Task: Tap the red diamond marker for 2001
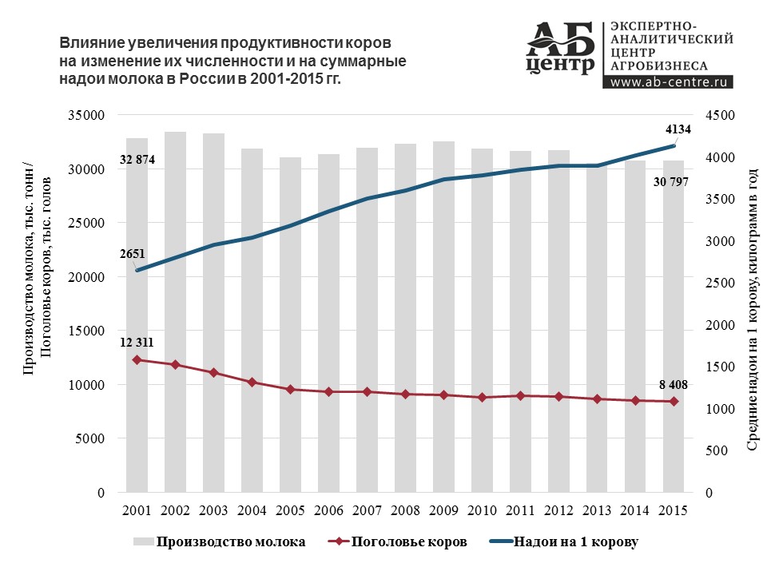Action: point(137,360)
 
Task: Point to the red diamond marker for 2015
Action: point(674,402)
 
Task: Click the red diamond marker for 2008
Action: point(406,395)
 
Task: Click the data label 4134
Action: point(678,129)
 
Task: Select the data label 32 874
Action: point(137,161)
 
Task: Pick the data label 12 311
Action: point(137,343)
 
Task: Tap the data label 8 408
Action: point(673,385)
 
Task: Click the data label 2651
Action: point(133,254)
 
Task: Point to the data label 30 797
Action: point(671,182)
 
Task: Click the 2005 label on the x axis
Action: point(290,510)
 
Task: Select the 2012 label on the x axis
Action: point(558,510)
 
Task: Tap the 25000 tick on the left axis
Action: point(90,224)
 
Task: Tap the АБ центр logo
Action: point(562,48)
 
